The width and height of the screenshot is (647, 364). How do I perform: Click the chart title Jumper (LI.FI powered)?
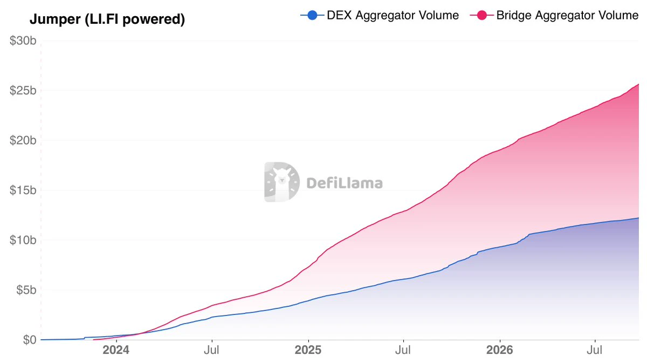click(107, 19)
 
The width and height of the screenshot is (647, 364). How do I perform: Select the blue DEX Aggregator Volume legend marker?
click(312, 15)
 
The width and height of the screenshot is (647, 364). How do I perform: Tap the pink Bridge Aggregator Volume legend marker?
click(482, 15)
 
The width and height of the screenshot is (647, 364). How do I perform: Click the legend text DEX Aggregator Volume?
click(393, 15)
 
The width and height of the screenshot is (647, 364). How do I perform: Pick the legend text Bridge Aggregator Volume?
click(567, 15)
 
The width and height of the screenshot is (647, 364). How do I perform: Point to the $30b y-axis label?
click(23, 41)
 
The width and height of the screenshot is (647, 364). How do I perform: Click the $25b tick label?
click(23, 91)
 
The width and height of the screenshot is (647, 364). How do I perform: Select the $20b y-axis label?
click(23, 140)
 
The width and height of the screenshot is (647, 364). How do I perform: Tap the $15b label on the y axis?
click(23, 190)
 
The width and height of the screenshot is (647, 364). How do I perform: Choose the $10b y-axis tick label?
click(23, 240)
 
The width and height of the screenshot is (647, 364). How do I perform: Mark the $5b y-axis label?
click(26, 290)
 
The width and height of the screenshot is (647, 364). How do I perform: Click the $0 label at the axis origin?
click(30, 340)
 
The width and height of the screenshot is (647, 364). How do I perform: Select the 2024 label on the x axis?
click(116, 350)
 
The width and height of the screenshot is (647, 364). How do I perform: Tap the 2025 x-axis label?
click(308, 350)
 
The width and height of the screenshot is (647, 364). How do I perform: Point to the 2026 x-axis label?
click(500, 350)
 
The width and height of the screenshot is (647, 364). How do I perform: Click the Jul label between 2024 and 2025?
click(212, 350)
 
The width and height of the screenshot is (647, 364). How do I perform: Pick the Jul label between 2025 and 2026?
click(403, 350)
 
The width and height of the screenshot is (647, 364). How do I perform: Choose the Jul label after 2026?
click(594, 350)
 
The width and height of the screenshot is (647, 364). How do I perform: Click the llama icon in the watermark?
click(282, 182)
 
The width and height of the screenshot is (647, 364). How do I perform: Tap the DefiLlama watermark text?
click(345, 183)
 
